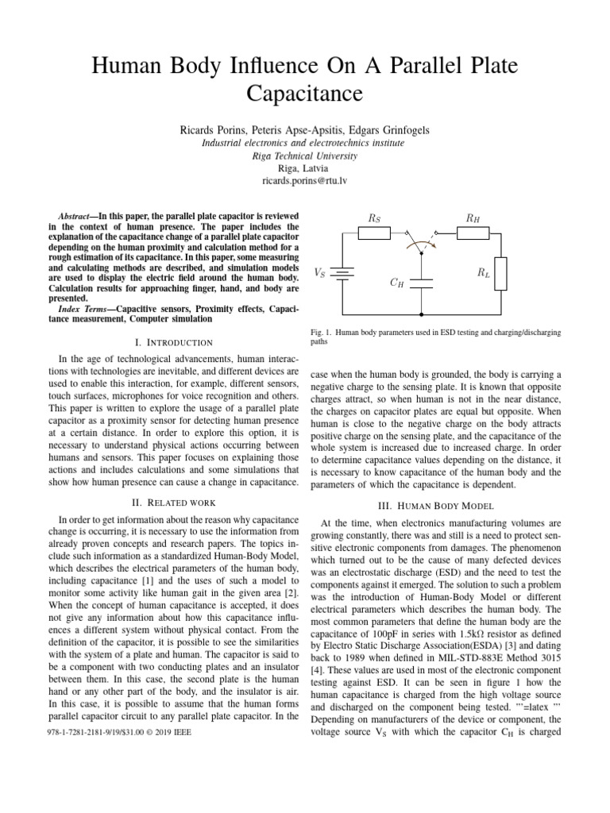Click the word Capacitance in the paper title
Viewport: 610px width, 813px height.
(x=306, y=94)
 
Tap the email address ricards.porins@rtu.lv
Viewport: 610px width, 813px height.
(x=306, y=182)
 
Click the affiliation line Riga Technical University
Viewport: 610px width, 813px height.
(x=306, y=156)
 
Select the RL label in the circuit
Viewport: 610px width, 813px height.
(x=482, y=272)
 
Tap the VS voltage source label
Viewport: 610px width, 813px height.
(x=319, y=272)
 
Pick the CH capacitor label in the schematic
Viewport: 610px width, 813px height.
(x=396, y=282)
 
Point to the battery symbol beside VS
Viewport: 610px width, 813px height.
(x=342, y=272)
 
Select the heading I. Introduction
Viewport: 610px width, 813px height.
(x=170, y=342)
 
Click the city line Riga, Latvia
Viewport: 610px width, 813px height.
(x=306, y=168)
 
